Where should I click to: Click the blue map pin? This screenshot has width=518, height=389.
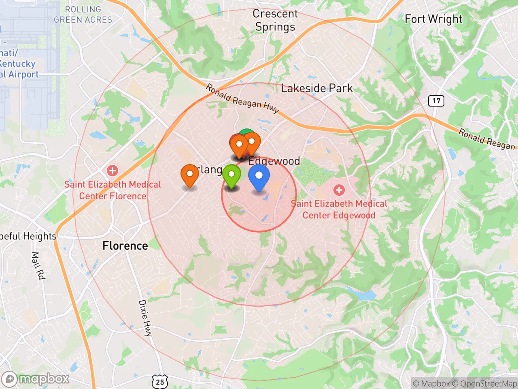click(259, 177)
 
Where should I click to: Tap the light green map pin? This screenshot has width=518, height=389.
click(231, 175)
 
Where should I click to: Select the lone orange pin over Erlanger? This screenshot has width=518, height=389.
click(189, 175)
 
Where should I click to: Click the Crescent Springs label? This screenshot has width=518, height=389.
click(275, 20)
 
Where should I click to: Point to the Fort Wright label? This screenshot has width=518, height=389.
click(433, 19)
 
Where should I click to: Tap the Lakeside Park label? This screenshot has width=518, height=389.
click(317, 88)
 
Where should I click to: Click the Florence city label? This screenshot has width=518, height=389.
click(125, 246)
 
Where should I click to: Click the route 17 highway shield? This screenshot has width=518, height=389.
click(436, 100)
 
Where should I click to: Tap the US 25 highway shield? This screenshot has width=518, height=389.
click(160, 382)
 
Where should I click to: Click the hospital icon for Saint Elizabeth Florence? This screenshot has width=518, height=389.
click(113, 171)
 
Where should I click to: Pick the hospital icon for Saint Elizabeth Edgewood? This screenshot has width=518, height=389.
click(339, 190)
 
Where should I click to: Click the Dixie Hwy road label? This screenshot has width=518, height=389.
click(145, 318)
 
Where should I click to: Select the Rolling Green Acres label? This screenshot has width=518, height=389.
click(83, 15)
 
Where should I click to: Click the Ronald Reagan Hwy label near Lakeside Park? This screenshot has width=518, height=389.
click(242, 98)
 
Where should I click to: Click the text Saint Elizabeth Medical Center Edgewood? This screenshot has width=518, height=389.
click(339, 209)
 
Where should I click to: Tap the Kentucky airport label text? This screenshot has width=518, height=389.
click(18, 64)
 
